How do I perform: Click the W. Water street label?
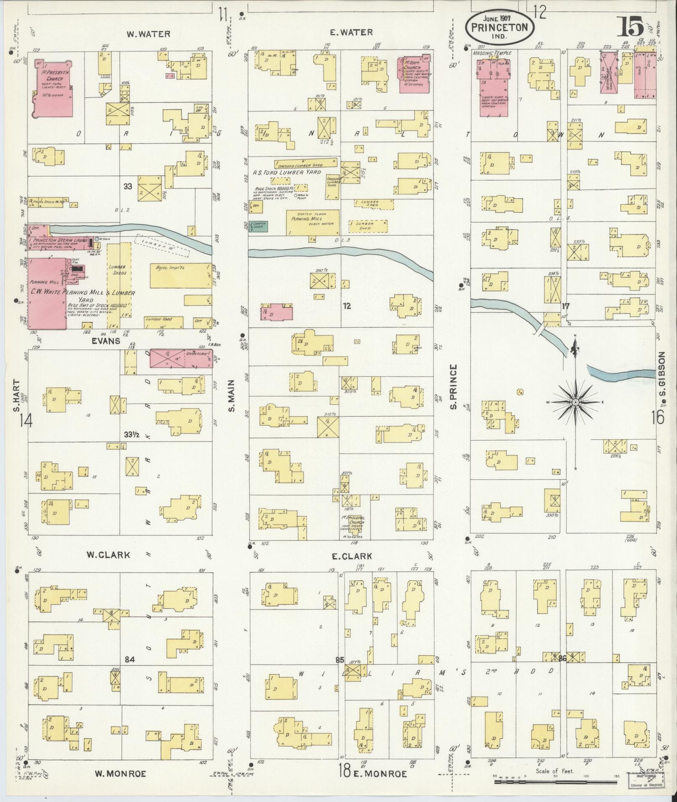tap(149, 34)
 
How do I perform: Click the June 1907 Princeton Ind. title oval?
tap(499, 27)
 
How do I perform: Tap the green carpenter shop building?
tap(259, 226)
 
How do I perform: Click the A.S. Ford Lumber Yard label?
tap(287, 172)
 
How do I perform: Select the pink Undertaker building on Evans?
tap(181, 358)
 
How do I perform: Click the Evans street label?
tap(105, 341)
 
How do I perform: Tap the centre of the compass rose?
tap(575, 402)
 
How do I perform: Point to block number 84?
tap(131, 660)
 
